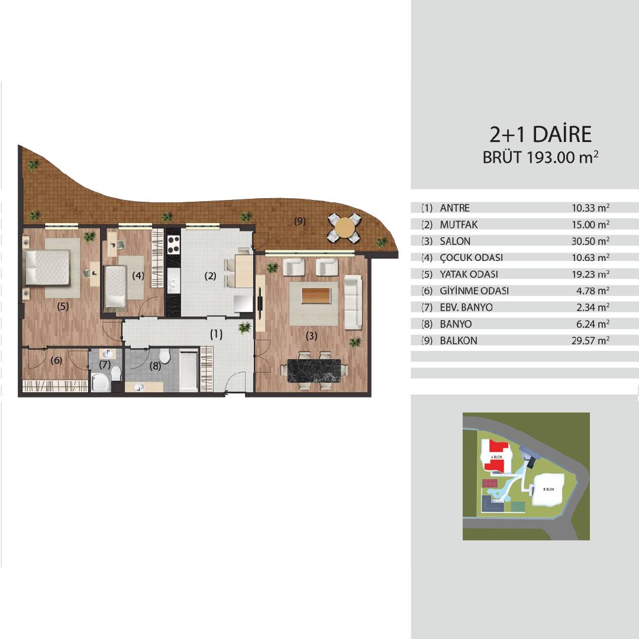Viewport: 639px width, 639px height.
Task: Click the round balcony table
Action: [x=344, y=228]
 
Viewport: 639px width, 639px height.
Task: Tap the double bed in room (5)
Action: [x=47, y=267]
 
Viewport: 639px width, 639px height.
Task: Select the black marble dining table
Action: [x=314, y=370]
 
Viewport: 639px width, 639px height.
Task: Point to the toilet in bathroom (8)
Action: [x=164, y=356]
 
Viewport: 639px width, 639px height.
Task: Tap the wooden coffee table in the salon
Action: [x=316, y=295]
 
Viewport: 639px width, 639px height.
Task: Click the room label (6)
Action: [x=56, y=360]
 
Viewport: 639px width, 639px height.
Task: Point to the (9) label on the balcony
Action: [x=299, y=221]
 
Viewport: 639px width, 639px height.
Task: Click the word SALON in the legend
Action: [x=455, y=241]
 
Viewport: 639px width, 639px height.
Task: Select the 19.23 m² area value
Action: [x=590, y=275]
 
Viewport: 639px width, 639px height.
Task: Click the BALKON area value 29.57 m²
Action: [x=590, y=341]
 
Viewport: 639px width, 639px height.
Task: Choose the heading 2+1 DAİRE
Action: [x=540, y=134]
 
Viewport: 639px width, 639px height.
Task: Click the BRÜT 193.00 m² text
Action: [x=541, y=157]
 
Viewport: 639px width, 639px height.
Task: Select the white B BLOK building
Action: [x=548, y=489]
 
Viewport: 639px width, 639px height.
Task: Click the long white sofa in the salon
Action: [x=353, y=302]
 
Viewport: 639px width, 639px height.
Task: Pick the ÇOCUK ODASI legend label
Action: [x=471, y=257]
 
